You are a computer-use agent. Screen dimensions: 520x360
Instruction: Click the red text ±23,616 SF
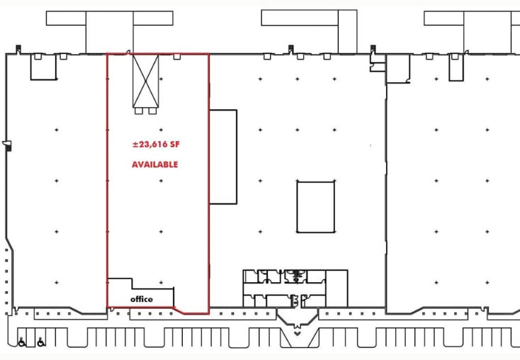click(156, 145)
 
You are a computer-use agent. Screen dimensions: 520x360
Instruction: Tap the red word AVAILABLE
click(155, 164)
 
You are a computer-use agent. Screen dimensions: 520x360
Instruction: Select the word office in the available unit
click(142, 299)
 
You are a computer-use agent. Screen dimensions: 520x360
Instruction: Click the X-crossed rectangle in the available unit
click(146, 81)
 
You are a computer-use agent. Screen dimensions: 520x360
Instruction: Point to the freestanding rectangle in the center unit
click(316, 207)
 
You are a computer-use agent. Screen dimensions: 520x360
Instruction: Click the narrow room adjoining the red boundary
click(223, 157)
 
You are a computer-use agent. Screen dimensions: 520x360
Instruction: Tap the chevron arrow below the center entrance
click(297, 333)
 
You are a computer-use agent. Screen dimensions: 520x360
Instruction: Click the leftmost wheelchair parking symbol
click(21, 342)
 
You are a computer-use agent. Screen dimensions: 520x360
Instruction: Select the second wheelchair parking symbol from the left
click(41, 342)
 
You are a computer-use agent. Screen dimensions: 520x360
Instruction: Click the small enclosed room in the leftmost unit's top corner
click(43, 67)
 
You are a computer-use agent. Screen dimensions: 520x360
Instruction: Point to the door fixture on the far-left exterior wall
click(7, 145)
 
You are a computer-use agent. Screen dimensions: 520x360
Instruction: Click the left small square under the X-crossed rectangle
click(139, 111)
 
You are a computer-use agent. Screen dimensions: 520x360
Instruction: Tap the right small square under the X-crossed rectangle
click(152, 111)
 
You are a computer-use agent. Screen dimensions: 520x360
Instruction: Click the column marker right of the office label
click(161, 282)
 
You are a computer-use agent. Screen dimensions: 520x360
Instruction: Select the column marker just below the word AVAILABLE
click(161, 181)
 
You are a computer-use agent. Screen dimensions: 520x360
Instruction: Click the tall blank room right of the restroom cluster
click(337, 288)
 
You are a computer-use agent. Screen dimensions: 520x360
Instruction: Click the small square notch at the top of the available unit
click(177, 57)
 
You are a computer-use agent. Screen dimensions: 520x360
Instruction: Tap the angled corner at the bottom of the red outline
click(179, 310)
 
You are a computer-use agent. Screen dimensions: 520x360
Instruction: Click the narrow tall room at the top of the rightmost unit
click(456, 67)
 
